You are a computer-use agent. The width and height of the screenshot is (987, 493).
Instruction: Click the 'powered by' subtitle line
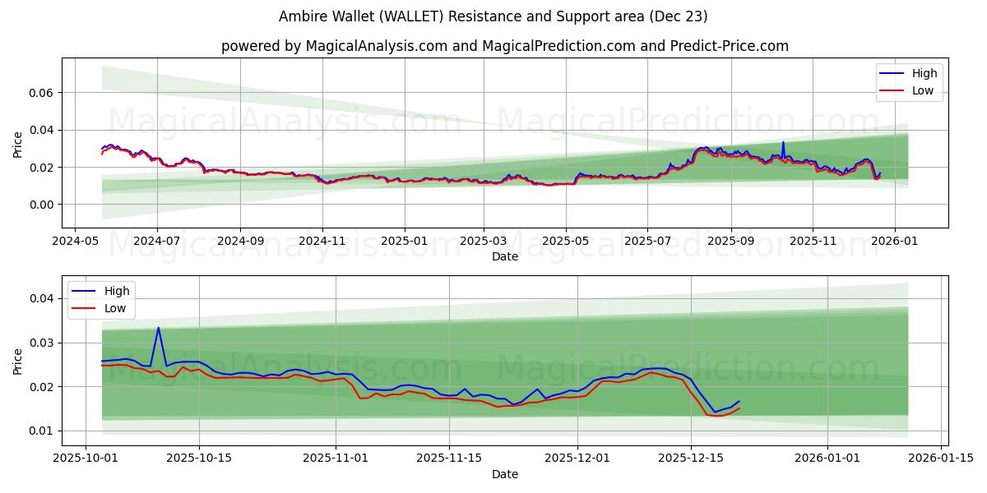504,46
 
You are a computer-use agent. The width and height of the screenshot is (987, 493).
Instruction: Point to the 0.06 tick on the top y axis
42,93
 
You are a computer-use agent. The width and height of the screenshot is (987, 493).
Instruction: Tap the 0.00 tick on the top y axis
42,205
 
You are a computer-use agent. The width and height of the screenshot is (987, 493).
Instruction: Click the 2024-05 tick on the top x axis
76,242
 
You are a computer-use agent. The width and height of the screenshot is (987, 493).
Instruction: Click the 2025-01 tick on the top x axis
404,242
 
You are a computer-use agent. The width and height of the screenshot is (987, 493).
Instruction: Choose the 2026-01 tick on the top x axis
894,242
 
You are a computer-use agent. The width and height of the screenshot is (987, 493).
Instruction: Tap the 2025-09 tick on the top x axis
731,242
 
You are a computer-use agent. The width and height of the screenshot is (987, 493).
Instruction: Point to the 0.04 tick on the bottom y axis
42,298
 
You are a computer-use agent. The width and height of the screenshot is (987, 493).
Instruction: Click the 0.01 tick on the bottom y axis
42,431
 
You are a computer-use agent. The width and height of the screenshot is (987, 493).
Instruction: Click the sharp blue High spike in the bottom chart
159,328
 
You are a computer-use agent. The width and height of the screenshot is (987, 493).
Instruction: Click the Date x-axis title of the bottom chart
504,474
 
